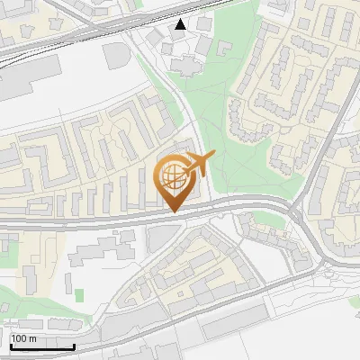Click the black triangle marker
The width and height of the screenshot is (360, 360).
click(x=182, y=24)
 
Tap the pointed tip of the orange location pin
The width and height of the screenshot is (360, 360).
click(x=174, y=211)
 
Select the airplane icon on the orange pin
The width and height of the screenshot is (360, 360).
click(x=197, y=165)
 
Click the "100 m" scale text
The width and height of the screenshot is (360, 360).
click(x=22, y=338)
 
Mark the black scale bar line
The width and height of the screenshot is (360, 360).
click(x=41, y=346)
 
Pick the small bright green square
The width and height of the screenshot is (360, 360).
click(x=78, y=295)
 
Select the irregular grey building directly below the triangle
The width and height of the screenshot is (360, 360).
click(x=184, y=63)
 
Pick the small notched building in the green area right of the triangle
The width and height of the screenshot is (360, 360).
click(x=205, y=45)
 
